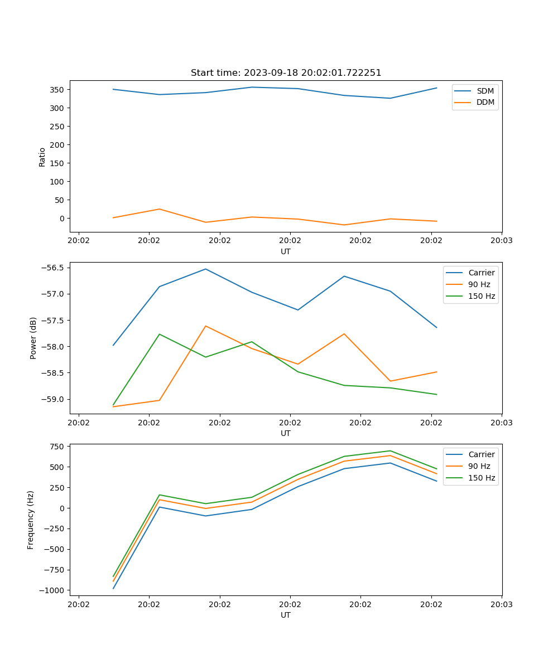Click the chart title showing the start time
286,73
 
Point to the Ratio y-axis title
42,156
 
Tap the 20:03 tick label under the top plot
501,241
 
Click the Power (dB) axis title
33,338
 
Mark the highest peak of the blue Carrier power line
205,269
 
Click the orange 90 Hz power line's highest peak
205,326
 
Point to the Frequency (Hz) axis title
31,520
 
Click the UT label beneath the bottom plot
286,615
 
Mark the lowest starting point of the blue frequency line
113,588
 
